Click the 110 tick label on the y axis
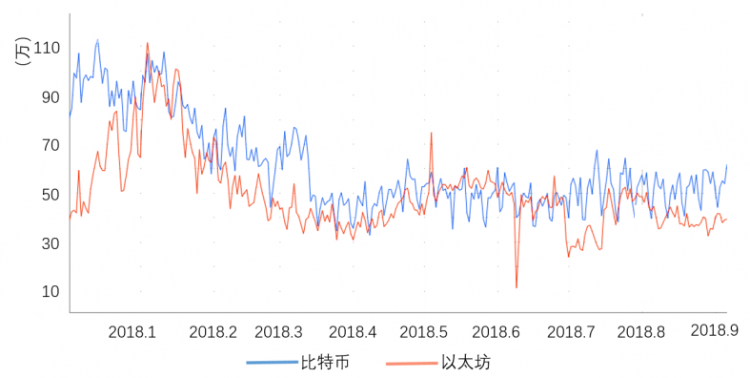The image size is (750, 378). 46,48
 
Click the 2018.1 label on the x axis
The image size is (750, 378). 132,332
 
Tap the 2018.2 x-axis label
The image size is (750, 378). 213,332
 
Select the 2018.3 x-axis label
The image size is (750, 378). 279,332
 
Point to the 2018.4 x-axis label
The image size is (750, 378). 353,332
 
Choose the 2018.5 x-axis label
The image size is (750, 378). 424,332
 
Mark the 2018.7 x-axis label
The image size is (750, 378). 571,332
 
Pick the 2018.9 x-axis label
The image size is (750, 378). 715,329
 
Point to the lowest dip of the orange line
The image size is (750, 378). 517,287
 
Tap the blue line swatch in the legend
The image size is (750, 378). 271,363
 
